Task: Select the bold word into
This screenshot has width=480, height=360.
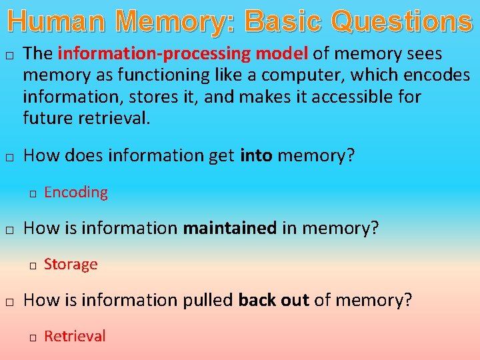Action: (x=256, y=156)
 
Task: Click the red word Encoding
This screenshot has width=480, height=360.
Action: (x=76, y=193)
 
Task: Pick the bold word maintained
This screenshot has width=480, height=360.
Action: (x=230, y=228)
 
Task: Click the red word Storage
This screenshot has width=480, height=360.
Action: (x=71, y=265)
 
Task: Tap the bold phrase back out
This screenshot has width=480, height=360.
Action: (x=273, y=300)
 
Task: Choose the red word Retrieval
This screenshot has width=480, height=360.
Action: (x=75, y=337)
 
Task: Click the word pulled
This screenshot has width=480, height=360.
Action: (x=208, y=300)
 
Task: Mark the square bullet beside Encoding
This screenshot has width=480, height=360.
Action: (x=32, y=194)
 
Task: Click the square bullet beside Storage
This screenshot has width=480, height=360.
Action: (x=32, y=266)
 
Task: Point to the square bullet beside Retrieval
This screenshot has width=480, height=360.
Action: (x=32, y=338)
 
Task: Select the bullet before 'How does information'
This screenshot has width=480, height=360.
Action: (x=9, y=158)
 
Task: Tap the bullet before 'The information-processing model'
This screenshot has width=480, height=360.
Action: (x=9, y=55)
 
